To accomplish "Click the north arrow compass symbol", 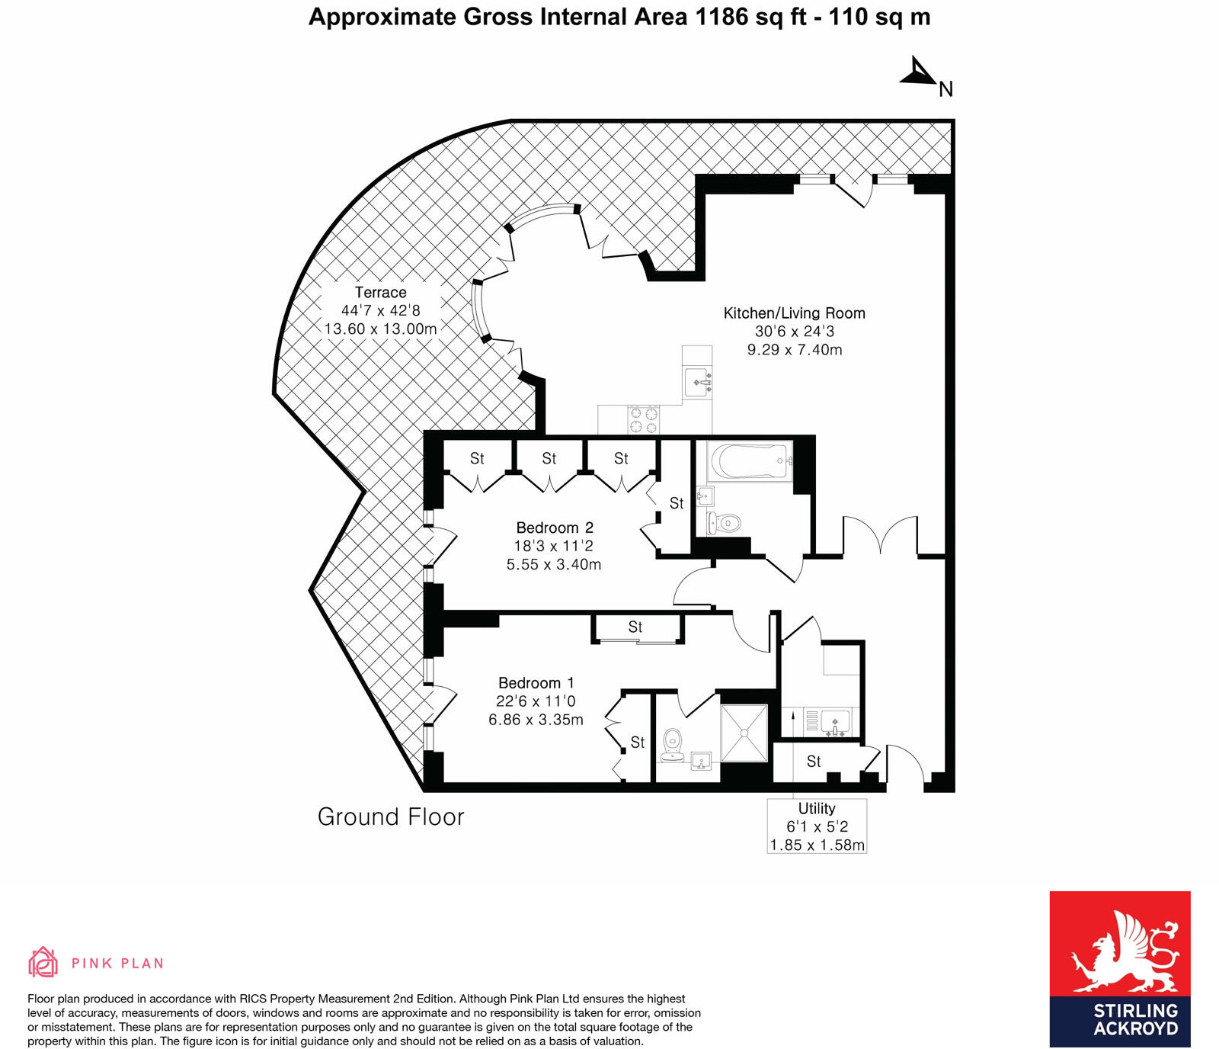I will pos(920,73).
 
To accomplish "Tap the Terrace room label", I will pos(380,293).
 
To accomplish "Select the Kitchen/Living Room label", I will pos(794,313).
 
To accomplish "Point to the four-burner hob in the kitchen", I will pos(643,420).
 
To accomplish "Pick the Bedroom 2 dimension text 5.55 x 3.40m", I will pos(554,565).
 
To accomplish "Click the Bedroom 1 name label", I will pos(536,683).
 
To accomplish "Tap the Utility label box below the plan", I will pos(817,826).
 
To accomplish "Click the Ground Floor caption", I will pos(391,817).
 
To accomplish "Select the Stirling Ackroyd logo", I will pos(1119,969).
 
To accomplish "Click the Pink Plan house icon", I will pos(43,962).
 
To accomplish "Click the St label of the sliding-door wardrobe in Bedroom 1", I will pos(635,627).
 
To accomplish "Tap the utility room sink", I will pos(836,721).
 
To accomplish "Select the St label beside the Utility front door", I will pos(814,762).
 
